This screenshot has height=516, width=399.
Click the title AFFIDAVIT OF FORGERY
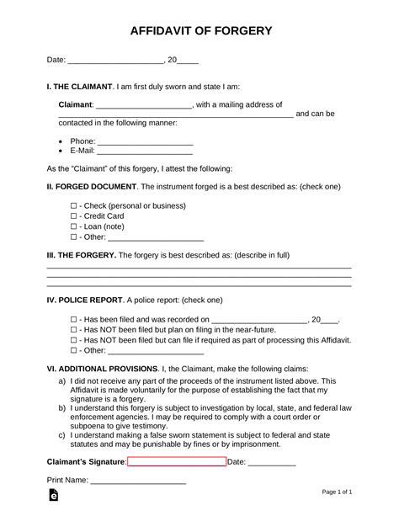click(x=199, y=31)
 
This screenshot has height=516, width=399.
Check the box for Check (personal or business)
click(x=73, y=205)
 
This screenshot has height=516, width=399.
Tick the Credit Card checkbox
click(x=73, y=215)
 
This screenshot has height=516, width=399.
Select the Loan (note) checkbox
click(x=73, y=226)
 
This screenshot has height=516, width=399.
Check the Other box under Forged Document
click(x=73, y=237)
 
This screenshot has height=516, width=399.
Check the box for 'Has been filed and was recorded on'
click(x=73, y=320)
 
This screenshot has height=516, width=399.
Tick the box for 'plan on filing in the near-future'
click(x=73, y=331)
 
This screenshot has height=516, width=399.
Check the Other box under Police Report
click(x=73, y=349)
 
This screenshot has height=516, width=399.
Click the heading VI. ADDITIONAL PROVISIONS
click(x=101, y=369)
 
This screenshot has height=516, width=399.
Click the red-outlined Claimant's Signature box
click(x=177, y=461)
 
